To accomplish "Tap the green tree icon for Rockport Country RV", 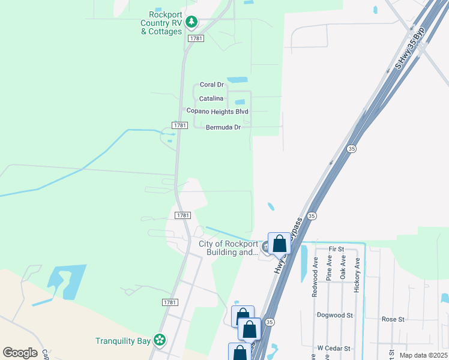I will (x=191, y=23).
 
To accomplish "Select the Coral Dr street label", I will (x=211, y=85).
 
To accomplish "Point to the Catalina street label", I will (x=211, y=98).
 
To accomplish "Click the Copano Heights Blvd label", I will (x=217, y=112).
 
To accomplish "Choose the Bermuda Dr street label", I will (x=223, y=127).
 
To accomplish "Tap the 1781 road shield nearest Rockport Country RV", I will (x=196, y=38).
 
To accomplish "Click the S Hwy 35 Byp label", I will (x=411, y=47).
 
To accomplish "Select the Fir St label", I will (x=336, y=249).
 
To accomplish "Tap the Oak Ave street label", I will (x=343, y=268).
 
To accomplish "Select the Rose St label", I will (x=393, y=319).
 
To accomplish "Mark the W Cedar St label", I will (x=333, y=347).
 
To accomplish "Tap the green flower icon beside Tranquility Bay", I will (x=160, y=340).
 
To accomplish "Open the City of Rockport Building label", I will (x=228, y=248).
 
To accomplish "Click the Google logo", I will (x=20, y=353).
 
